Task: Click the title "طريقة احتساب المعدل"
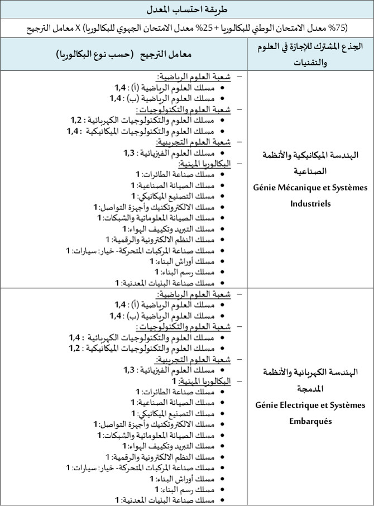click(x=186, y=10)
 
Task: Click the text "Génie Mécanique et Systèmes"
click(x=311, y=188)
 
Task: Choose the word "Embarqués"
click(x=310, y=421)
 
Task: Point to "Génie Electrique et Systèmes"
click(x=311, y=404)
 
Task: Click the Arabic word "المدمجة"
click(x=311, y=388)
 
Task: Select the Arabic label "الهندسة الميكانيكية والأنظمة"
click(x=311, y=154)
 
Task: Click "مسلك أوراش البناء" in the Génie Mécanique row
click(x=185, y=261)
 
